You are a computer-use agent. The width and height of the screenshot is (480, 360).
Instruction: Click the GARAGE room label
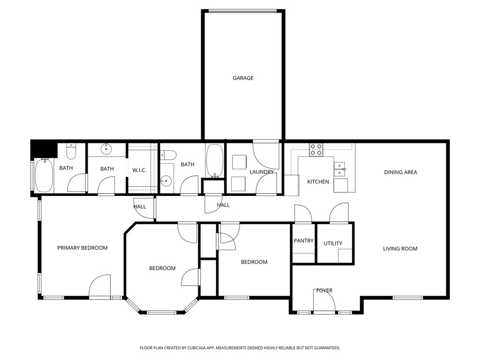(243, 78)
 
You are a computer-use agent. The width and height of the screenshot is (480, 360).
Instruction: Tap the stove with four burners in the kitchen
(316, 150)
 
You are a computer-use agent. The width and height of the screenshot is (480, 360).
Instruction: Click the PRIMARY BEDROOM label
(82, 248)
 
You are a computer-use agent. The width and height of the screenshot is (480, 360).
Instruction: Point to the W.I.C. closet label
(139, 170)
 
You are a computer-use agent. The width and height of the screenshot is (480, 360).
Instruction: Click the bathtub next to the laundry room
(215, 161)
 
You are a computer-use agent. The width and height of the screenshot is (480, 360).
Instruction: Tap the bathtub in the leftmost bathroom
(45, 175)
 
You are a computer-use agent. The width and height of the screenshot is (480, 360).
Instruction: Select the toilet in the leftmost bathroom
(71, 151)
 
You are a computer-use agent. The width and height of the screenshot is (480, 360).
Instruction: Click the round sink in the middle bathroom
(106, 149)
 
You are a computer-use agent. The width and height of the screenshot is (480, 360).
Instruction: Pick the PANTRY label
(303, 240)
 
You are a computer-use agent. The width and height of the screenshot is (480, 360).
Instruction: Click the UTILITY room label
(333, 243)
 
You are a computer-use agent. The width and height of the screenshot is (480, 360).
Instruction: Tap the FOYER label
(324, 291)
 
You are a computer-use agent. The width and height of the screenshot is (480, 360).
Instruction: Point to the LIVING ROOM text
(400, 249)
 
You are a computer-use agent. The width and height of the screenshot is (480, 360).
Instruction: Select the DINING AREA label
(400, 172)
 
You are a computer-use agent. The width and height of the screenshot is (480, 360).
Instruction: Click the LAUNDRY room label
(262, 172)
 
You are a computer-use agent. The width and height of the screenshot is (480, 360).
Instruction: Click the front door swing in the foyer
(324, 300)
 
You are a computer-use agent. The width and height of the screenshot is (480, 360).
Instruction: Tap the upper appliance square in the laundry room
(239, 162)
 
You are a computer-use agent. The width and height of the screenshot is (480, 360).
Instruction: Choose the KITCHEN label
(318, 182)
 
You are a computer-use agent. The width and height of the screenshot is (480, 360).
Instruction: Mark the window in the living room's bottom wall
(408, 297)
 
